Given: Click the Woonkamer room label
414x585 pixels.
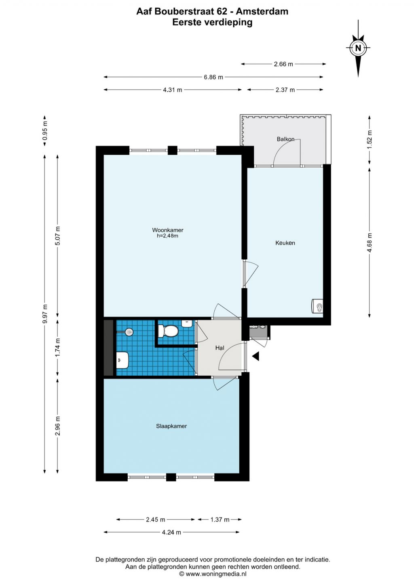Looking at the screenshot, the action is (x=167, y=230).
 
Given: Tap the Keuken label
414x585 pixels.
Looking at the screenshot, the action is (x=285, y=243).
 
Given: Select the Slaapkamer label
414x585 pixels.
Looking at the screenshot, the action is (x=171, y=426).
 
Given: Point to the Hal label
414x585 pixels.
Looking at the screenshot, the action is (x=220, y=348).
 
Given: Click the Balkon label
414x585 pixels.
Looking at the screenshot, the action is (x=285, y=139).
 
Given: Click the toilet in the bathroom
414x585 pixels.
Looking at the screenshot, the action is (x=168, y=331).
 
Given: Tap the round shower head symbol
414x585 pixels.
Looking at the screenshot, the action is (x=129, y=332).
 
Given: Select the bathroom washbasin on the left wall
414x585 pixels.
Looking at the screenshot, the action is (x=123, y=360).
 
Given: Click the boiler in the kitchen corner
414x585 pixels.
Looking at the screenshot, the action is (x=317, y=306).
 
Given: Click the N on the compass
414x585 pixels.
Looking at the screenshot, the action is (x=358, y=48).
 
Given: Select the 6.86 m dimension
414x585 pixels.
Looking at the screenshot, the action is (x=213, y=77).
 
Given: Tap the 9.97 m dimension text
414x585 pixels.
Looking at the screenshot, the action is (x=45, y=314).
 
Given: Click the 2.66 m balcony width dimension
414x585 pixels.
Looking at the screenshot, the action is (x=283, y=64).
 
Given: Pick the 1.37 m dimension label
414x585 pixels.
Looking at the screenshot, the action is (x=220, y=520).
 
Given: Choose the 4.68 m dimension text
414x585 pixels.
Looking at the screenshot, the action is (x=369, y=243).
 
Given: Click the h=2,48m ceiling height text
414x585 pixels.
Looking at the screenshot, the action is (x=167, y=236).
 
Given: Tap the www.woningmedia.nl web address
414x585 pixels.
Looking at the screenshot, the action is (x=215, y=574).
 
